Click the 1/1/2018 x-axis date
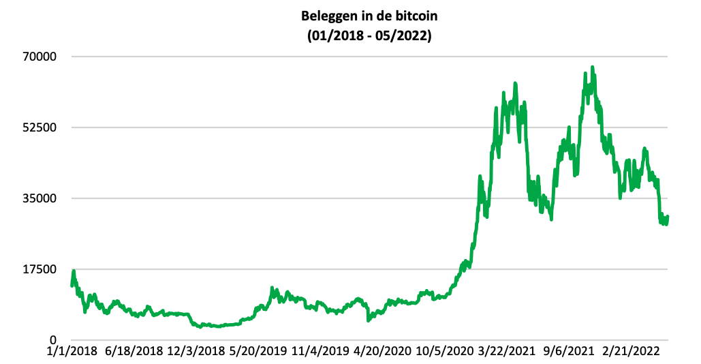(x=72, y=352)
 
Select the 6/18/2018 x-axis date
(x=134, y=352)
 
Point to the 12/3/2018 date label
(x=196, y=352)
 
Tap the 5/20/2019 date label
(x=258, y=352)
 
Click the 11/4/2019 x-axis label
(x=320, y=352)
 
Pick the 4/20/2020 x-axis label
(x=383, y=352)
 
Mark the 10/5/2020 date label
(x=445, y=352)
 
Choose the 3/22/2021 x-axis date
(x=507, y=352)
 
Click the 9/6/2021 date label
(x=570, y=352)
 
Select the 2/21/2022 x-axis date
(x=632, y=352)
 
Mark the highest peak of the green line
(x=592, y=67)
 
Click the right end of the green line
(x=668, y=217)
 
